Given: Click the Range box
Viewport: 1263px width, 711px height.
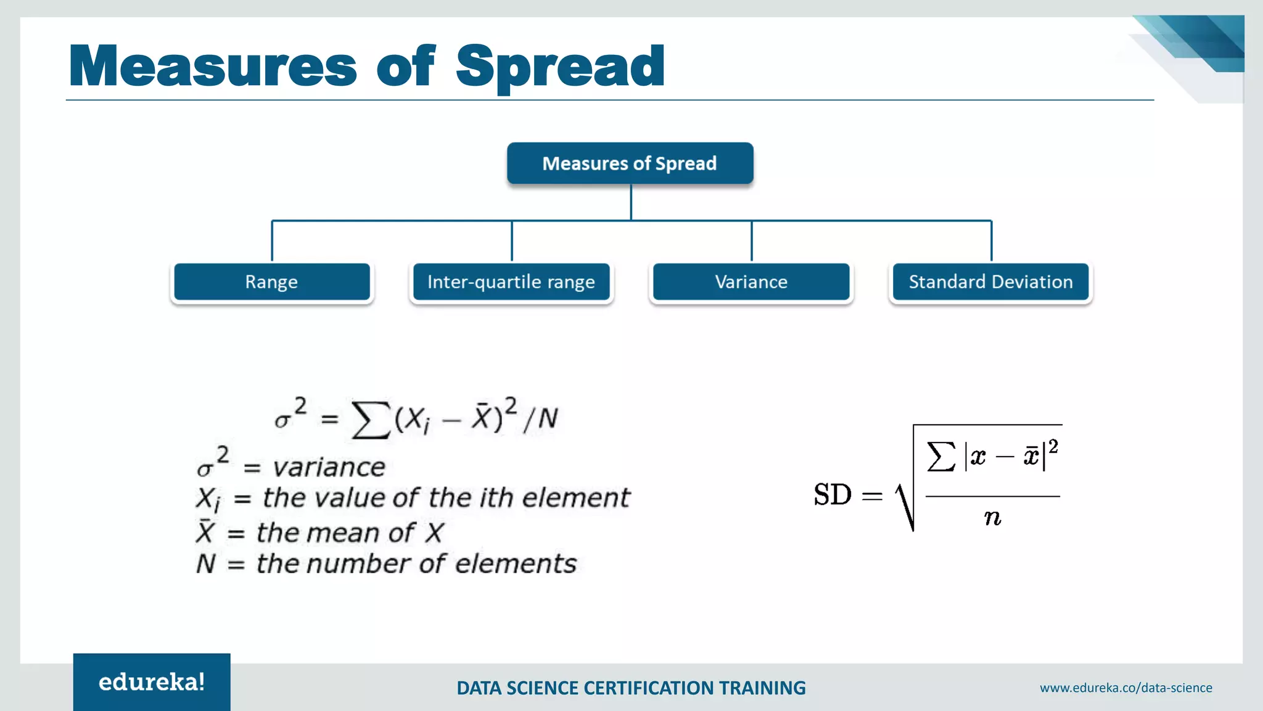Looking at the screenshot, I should point(271,282).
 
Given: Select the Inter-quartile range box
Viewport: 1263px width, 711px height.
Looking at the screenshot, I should point(511,282).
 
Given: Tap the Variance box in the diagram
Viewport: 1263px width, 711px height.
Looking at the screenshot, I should point(751,282).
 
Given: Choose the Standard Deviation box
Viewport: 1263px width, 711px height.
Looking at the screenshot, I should point(990,282).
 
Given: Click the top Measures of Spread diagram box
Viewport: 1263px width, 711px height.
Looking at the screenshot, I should point(630,164).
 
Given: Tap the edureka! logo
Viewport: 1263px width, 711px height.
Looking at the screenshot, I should point(152,682).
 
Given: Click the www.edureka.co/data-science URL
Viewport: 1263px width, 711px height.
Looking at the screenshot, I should point(1125,688).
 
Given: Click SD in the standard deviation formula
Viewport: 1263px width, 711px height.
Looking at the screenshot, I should point(832,495).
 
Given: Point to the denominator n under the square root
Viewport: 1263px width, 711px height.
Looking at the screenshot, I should point(992,517).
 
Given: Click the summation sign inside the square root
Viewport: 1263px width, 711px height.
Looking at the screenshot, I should point(941,457).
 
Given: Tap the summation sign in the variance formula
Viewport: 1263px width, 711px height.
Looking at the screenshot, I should point(371,420).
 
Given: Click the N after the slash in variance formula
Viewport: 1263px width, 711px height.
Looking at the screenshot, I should point(548,419).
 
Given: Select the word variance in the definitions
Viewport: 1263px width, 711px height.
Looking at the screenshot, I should point(329,467).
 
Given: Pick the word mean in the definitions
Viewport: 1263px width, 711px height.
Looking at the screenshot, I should point(350,533).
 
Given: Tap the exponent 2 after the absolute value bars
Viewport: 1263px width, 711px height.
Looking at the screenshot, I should point(1053,446).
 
